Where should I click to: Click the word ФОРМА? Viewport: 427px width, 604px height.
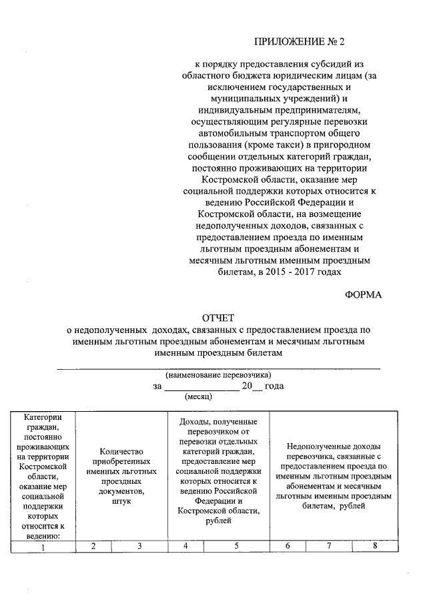pyautogui.click(x=363, y=295)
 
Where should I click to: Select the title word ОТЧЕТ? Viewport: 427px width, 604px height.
pyautogui.click(x=218, y=318)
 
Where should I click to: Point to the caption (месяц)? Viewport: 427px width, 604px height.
pyautogui.click(x=198, y=396)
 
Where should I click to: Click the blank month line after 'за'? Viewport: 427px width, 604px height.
pyautogui.click(x=201, y=387)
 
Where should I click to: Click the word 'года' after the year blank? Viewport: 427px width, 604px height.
pyautogui.click(x=274, y=386)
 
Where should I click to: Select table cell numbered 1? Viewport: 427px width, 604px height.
pyautogui.click(x=42, y=548)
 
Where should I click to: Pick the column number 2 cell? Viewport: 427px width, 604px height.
pyautogui.click(x=93, y=547)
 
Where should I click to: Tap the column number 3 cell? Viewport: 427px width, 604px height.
pyautogui.click(x=139, y=547)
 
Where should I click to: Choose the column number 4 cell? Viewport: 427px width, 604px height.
pyautogui.click(x=185, y=547)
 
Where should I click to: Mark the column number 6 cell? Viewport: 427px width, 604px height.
pyautogui.click(x=288, y=547)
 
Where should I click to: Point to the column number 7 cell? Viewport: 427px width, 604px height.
pyautogui.click(x=329, y=547)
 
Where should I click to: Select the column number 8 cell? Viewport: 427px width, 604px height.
pyautogui.click(x=376, y=547)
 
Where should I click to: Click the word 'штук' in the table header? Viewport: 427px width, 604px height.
pyautogui.click(x=121, y=501)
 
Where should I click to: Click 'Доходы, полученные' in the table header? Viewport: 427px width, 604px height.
pyautogui.click(x=219, y=422)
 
